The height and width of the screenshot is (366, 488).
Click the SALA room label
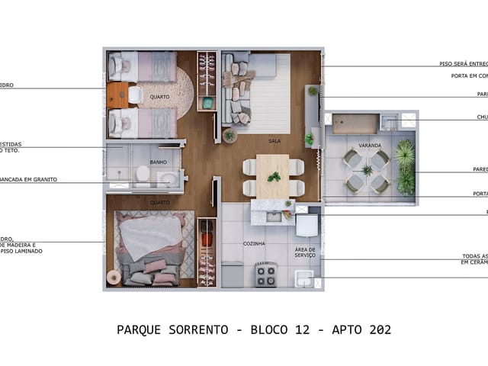pyautogui.click(x=274, y=141)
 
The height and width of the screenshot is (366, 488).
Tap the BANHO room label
pyautogui.click(x=159, y=162)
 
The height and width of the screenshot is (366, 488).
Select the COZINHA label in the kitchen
pyautogui.click(x=254, y=243)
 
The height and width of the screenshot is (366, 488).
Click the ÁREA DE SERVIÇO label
pyautogui.click(x=305, y=252)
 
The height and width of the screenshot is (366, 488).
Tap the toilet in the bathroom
pyautogui.click(x=143, y=175)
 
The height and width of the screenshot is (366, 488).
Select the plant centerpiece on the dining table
pyautogui.click(x=274, y=177)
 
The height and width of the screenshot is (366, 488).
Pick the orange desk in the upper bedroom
pyautogui.click(x=117, y=95)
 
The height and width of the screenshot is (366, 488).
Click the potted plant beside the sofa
pyautogui.click(x=230, y=135)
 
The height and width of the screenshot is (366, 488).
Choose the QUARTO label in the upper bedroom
pyautogui.click(x=159, y=97)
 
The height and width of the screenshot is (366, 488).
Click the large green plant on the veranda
pyautogui.click(x=406, y=166)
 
